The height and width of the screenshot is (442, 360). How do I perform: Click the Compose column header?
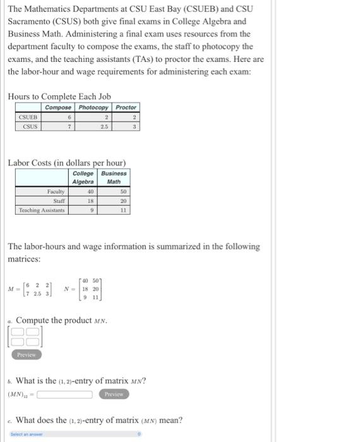click(x=57, y=107)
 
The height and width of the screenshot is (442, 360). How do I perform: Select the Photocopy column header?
click(x=93, y=107)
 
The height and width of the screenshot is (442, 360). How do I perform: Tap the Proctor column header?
click(x=126, y=107)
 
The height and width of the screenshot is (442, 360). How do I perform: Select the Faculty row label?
click(x=56, y=191)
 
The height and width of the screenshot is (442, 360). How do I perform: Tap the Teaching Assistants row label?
click(x=42, y=210)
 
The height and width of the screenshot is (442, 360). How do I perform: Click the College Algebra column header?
click(x=83, y=177)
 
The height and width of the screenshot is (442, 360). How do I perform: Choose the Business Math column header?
click(x=114, y=177)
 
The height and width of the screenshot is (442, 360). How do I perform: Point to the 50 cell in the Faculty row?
click(x=123, y=191)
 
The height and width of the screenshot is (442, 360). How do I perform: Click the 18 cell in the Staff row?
click(x=90, y=200)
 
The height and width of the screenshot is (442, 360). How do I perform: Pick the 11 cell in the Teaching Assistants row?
click(x=123, y=210)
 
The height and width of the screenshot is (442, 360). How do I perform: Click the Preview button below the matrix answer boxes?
click(x=26, y=355)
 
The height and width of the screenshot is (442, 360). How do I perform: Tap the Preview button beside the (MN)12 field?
click(x=114, y=394)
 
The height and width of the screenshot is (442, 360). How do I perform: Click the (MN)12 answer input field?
click(x=64, y=395)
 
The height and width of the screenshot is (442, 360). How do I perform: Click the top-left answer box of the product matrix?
click(x=18, y=332)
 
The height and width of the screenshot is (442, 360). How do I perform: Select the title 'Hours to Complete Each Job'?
click(x=59, y=96)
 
